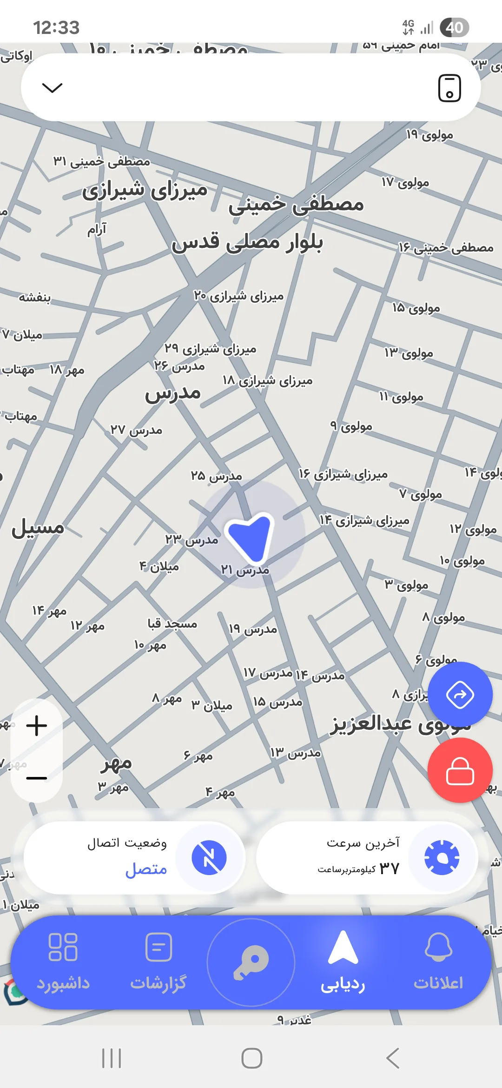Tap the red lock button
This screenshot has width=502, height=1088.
click(460, 770)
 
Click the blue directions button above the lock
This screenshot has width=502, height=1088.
click(460, 695)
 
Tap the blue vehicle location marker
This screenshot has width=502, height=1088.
click(250, 536)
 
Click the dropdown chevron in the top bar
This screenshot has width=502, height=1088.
click(52, 87)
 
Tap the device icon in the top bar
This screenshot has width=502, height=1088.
click(449, 87)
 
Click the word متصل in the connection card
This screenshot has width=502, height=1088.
click(146, 869)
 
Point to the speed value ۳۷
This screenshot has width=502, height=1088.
click(389, 868)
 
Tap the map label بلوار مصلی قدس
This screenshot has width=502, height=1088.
click(247, 243)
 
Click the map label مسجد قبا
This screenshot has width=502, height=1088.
click(172, 624)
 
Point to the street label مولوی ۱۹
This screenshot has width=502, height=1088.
click(429, 135)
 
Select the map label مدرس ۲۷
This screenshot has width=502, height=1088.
click(136, 430)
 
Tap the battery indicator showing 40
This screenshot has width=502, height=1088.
click(454, 27)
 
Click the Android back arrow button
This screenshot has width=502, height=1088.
click(393, 1058)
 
